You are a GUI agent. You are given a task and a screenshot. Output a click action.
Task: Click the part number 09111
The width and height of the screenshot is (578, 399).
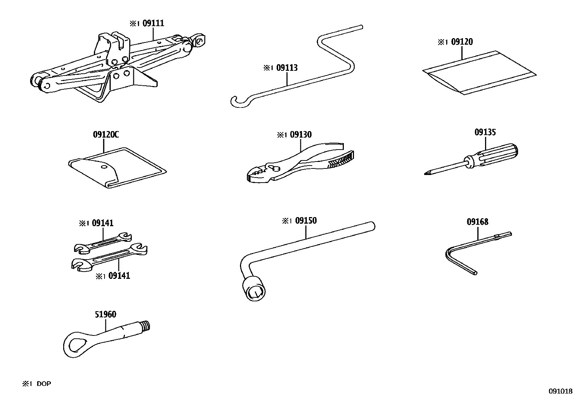click(x=153, y=24)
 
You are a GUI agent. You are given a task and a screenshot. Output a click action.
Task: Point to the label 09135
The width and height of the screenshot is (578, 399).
click(x=485, y=133)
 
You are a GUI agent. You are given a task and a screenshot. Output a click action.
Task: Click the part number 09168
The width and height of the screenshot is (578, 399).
click(x=477, y=222)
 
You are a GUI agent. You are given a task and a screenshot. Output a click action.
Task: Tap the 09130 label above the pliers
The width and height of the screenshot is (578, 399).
click(x=300, y=135)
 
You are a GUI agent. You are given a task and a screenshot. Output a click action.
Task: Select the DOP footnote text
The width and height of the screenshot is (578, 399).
click(x=44, y=384)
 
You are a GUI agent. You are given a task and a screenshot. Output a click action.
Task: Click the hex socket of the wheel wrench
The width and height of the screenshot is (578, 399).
click(x=256, y=291)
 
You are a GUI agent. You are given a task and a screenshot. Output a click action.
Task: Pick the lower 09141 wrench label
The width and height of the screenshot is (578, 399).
click(x=119, y=276)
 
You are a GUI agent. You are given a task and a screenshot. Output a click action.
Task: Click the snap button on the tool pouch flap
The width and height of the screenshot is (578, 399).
click(x=104, y=167)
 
